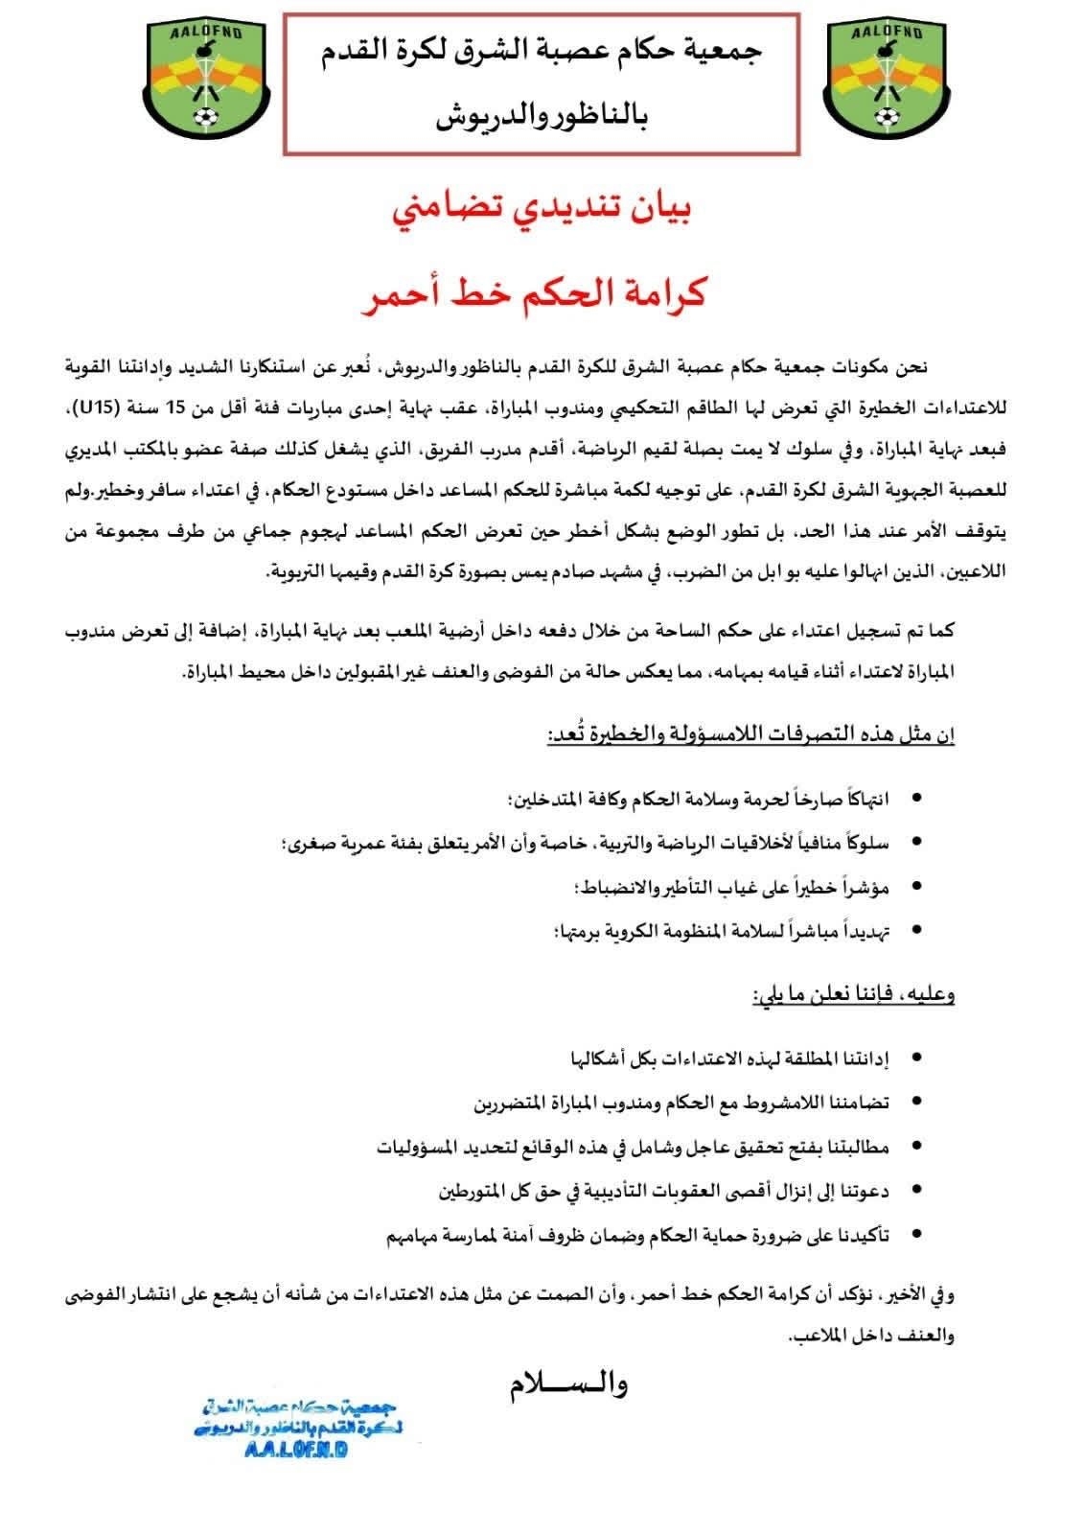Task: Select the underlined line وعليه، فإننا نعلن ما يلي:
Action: click(x=852, y=993)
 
